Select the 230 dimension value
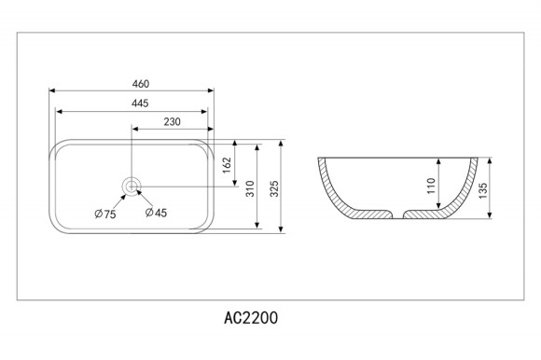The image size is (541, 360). coord(172,122)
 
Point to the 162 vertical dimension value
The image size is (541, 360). coord(228,166)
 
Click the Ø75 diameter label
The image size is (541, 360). coord(104,215)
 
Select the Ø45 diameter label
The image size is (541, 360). coord(156,213)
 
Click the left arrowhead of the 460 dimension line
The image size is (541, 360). coord(52,91)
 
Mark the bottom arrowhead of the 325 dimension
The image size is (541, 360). coord(281,228)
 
